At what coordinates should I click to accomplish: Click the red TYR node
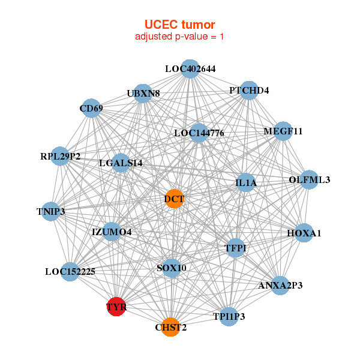tap(115, 307)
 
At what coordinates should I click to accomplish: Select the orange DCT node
tap(173, 199)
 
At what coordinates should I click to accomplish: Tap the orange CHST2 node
tap(170, 327)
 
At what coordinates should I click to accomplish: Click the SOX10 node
tap(172, 268)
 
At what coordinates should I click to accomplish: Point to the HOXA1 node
tap(304, 233)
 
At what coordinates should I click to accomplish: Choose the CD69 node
tap(91, 109)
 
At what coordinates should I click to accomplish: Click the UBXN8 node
tap(143, 94)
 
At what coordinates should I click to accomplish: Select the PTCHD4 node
tap(249, 91)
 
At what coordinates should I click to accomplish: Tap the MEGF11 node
tap(283, 131)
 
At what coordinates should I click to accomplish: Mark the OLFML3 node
tap(309, 179)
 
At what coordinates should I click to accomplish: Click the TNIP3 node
tap(51, 211)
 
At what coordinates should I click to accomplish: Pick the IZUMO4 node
tap(112, 232)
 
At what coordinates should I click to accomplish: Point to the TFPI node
tap(235, 248)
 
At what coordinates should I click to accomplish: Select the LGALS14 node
tap(121, 163)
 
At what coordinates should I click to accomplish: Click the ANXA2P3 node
tap(280, 285)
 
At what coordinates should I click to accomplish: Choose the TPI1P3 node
tap(229, 316)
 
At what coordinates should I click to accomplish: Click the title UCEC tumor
tap(179, 25)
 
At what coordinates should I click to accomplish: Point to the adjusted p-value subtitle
tap(179, 37)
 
